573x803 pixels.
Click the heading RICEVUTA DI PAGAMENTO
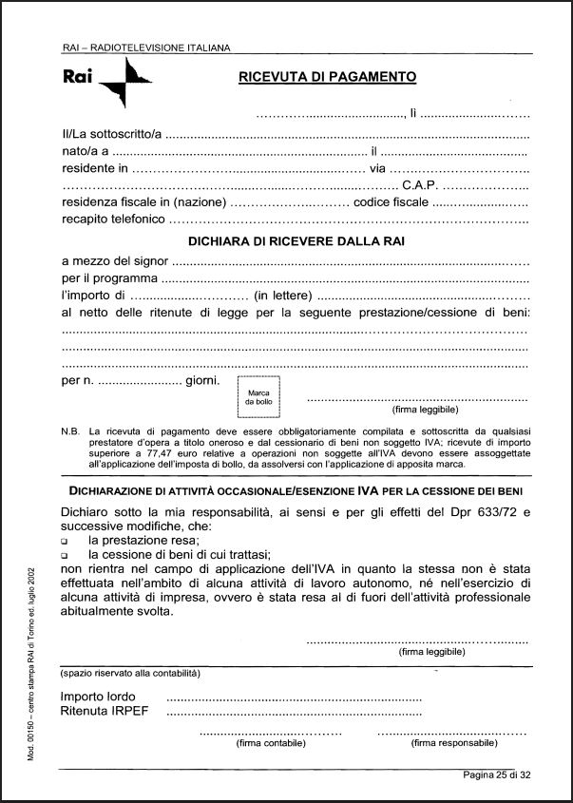327,78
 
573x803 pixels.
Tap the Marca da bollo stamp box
258,396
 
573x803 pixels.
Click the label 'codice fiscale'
391,203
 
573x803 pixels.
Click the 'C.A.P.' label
421,185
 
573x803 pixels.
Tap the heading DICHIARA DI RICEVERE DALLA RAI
296,241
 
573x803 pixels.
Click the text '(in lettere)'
287,297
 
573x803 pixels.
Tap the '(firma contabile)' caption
270,744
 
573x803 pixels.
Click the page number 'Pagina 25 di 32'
508,774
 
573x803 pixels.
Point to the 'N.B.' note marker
69,430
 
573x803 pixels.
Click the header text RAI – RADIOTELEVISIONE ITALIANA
145,47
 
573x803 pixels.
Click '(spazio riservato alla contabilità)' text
129,673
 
